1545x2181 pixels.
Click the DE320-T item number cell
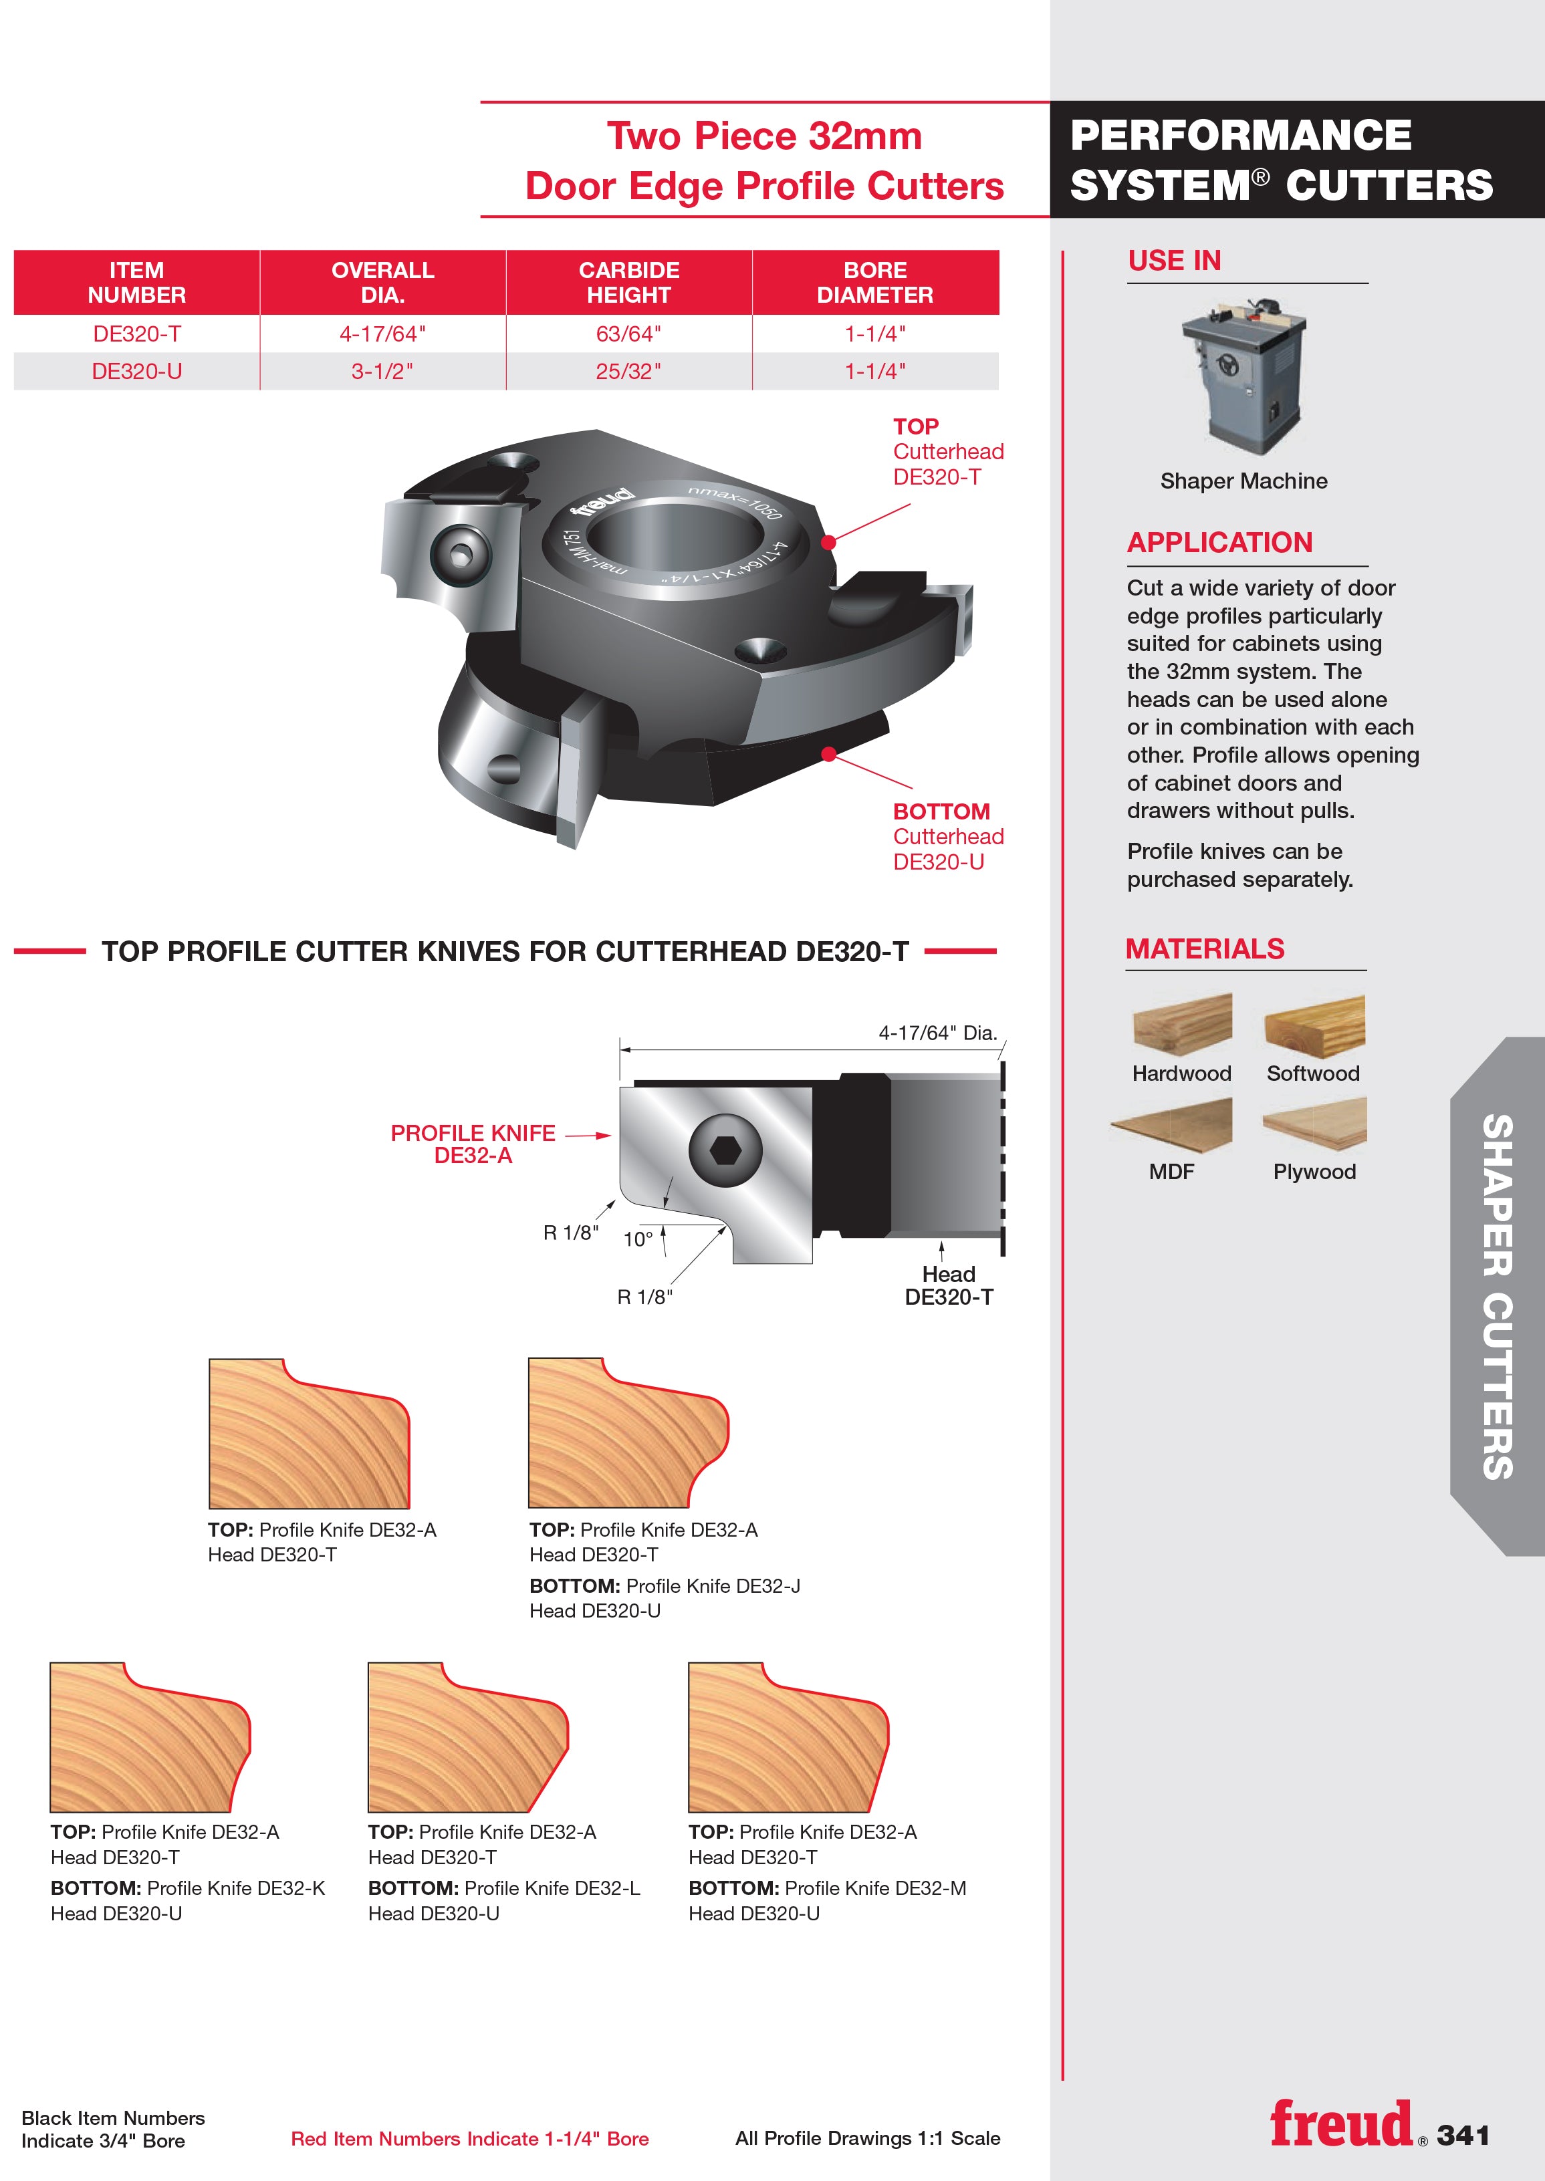pos(137,334)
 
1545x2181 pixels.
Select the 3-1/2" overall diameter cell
pos(382,371)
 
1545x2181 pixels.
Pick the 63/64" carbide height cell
pos(629,334)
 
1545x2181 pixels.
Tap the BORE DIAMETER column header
pos(875,283)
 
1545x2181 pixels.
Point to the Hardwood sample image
pos(1183,1025)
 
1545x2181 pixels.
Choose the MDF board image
pos(1172,1124)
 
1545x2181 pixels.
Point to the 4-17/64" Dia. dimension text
pos(937,1033)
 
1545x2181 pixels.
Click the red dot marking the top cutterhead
pos(828,542)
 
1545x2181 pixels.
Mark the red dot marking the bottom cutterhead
pos(828,754)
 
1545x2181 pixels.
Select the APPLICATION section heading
pos(1219,542)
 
